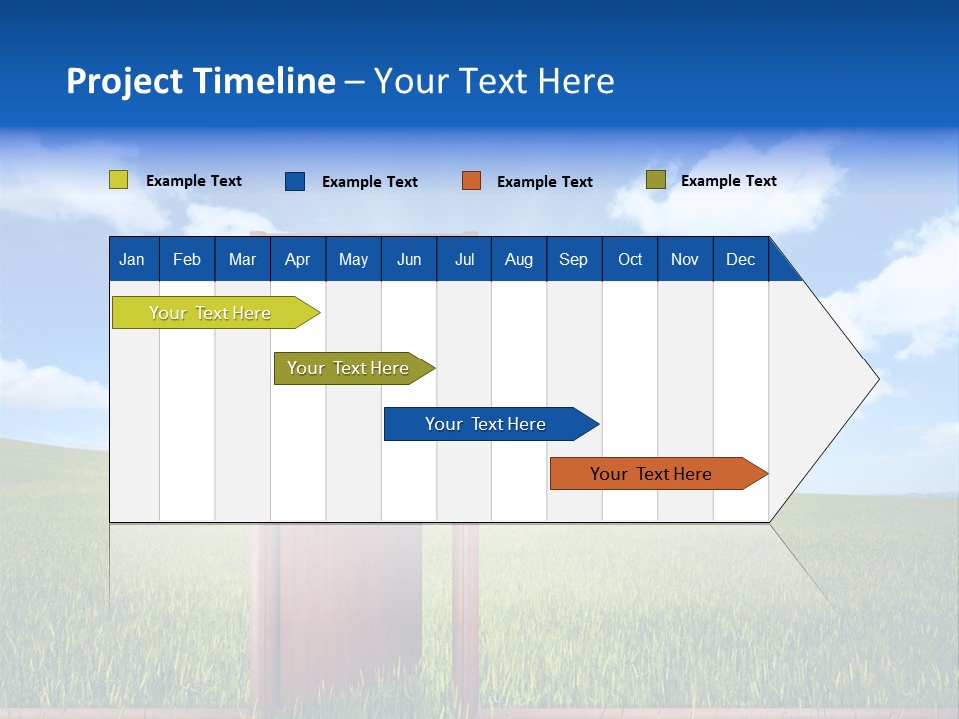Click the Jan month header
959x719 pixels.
133,259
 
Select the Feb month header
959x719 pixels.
187,259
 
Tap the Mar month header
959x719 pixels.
242,259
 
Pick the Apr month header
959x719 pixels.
298,259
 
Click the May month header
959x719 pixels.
353,259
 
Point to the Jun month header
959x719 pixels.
409,259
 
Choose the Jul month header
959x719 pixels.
464,259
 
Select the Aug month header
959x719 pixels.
519,259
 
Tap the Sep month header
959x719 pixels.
574,259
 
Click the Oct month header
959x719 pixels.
630,259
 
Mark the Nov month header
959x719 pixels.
685,259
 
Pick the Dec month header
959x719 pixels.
741,259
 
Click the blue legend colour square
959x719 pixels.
295,181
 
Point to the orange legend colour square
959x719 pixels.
472,181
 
